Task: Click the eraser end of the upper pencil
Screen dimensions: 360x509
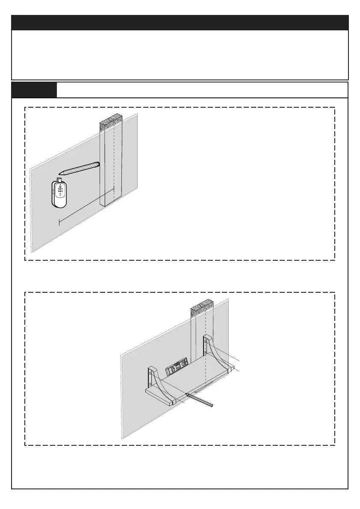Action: pyautogui.click(x=98, y=163)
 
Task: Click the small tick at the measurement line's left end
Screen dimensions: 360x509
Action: pyautogui.click(x=59, y=221)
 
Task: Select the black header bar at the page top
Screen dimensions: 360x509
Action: pyautogui.click(x=180, y=22)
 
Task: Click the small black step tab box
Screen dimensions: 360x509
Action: pyautogui.click(x=34, y=90)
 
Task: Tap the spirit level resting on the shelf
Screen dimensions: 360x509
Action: pyautogui.click(x=177, y=367)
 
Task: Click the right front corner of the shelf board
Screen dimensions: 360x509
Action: pyautogui.click(x=233, y=368)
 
